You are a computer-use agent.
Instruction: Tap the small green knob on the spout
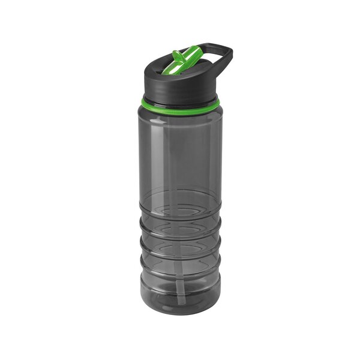[x=176, y=56]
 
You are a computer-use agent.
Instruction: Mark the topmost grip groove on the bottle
[x=180, y=207]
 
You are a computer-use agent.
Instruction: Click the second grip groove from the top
[x=180, y=231]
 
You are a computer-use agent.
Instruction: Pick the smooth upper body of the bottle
[x=180, y=150]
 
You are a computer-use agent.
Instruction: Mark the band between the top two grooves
[x=180, y=220]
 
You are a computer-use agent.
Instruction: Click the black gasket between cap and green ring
[x=180, y=96]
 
